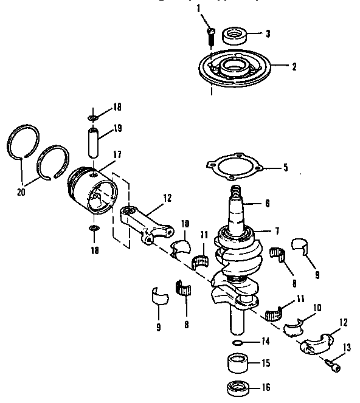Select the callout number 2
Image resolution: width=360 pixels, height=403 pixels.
[294, 67]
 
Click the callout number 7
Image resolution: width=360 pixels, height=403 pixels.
[277, 231]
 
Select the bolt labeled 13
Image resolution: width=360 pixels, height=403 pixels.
[331, 365]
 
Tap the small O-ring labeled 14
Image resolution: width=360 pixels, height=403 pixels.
[240, 343]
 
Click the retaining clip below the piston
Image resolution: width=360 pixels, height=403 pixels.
[93, 228]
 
